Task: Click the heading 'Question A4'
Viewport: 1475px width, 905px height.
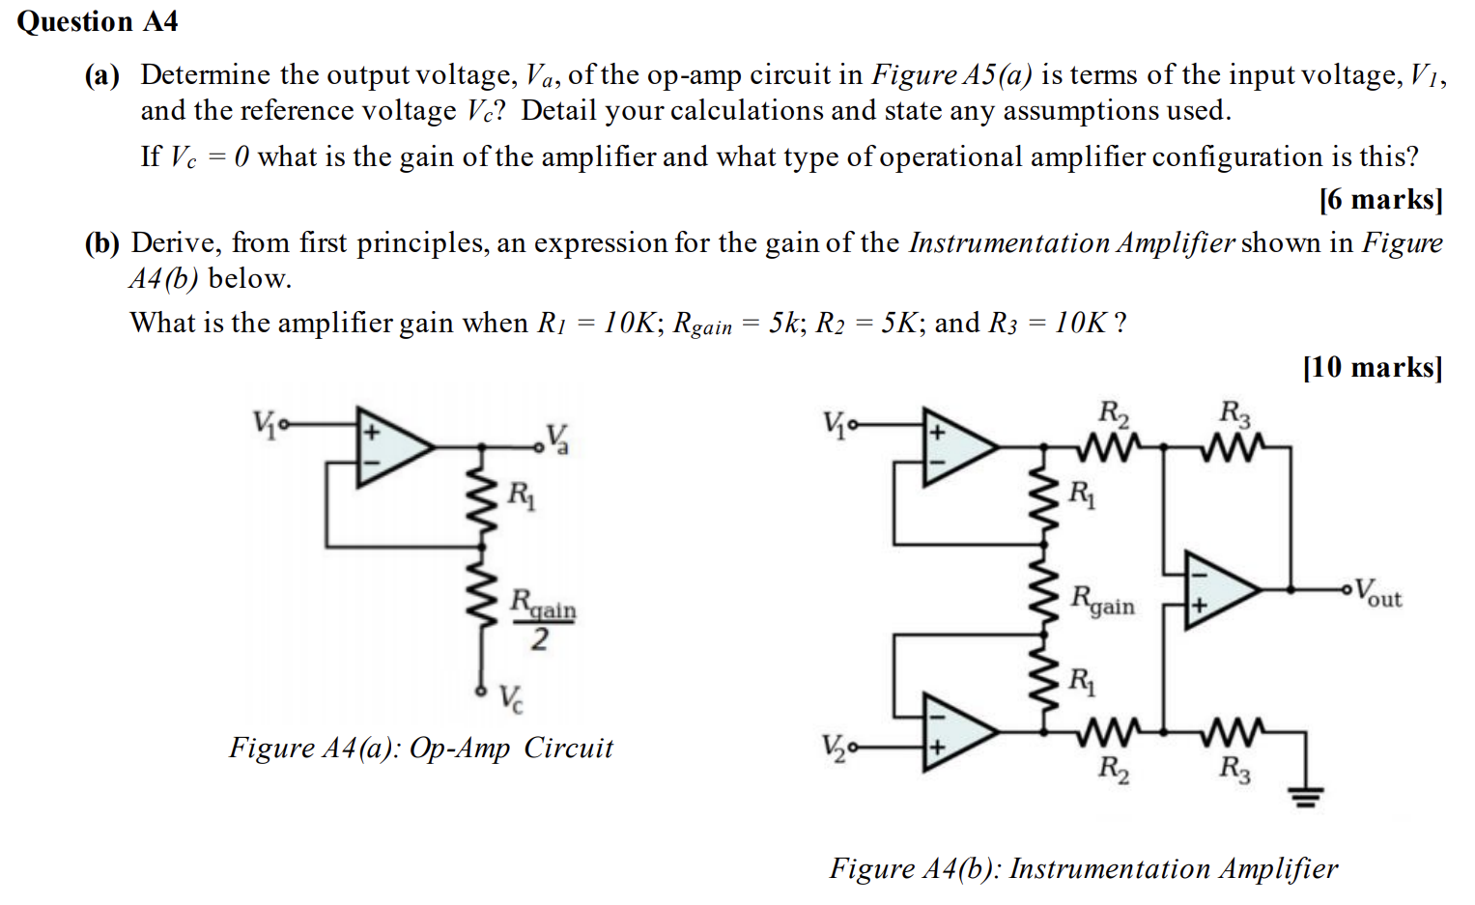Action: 98,21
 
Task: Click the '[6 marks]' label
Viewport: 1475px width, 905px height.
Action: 1379,199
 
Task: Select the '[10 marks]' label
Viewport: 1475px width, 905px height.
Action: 1372,367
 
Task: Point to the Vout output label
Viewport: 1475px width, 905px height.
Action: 1376,592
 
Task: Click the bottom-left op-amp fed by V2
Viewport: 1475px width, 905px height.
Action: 957,732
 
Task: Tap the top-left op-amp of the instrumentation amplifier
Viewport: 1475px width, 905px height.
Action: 957,446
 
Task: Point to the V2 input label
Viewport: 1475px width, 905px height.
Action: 834,746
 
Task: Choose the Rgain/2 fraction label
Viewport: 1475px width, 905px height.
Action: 542,618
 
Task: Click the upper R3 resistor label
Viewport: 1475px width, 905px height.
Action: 1234,413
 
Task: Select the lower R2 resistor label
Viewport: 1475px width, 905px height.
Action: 1113,769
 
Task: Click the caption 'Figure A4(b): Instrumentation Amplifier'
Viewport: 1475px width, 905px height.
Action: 1083,868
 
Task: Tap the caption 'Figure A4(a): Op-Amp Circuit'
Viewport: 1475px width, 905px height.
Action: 420,748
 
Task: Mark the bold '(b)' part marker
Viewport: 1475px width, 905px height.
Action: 101,242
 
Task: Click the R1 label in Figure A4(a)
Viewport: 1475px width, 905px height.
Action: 521,495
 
